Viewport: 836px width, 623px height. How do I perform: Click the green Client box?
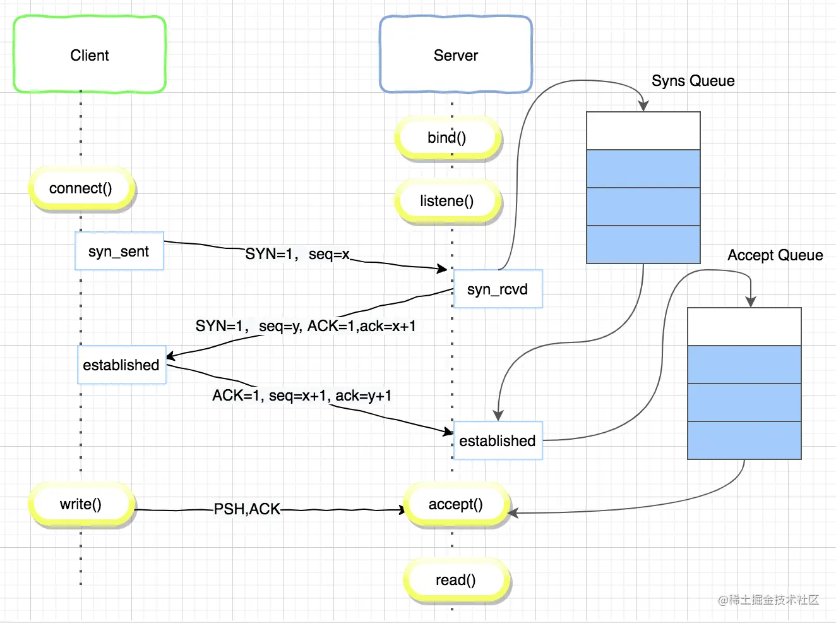[x=90, y=54]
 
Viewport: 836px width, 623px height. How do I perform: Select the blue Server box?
[x=456, y=54]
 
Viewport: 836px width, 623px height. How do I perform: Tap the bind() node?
[x=448, y=138]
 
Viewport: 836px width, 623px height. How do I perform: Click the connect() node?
[x=81, y=188]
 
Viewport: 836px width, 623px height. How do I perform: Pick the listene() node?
[x=448, y=201]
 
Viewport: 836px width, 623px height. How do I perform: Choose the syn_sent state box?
[x=119, y=251]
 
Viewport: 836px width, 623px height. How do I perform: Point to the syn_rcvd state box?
[x=498, y=289]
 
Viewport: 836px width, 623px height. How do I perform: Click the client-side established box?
[x=121, y=365]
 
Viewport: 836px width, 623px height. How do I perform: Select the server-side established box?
[x=498, y=440]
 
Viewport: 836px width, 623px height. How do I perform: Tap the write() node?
[x=81, y=504]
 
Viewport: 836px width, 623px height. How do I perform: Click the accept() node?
[x=456, y=504]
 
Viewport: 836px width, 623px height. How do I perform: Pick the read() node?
[x=456, y=580]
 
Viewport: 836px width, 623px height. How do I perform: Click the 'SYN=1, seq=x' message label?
[x=297, y=255]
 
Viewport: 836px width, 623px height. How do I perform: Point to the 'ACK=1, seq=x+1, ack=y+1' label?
[x=302, y=396]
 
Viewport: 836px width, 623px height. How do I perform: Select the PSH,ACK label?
[x=247, y=509]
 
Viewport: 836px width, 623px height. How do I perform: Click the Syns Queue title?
[x=693, y=81]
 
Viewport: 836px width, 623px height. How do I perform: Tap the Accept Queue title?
[x=775, y=255]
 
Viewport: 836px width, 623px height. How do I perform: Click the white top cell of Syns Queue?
[x=643, y=131]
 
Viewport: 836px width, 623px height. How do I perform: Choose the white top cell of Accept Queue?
[x=744, y=327]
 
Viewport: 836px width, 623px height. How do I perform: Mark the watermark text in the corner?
[x=769, y=600]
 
